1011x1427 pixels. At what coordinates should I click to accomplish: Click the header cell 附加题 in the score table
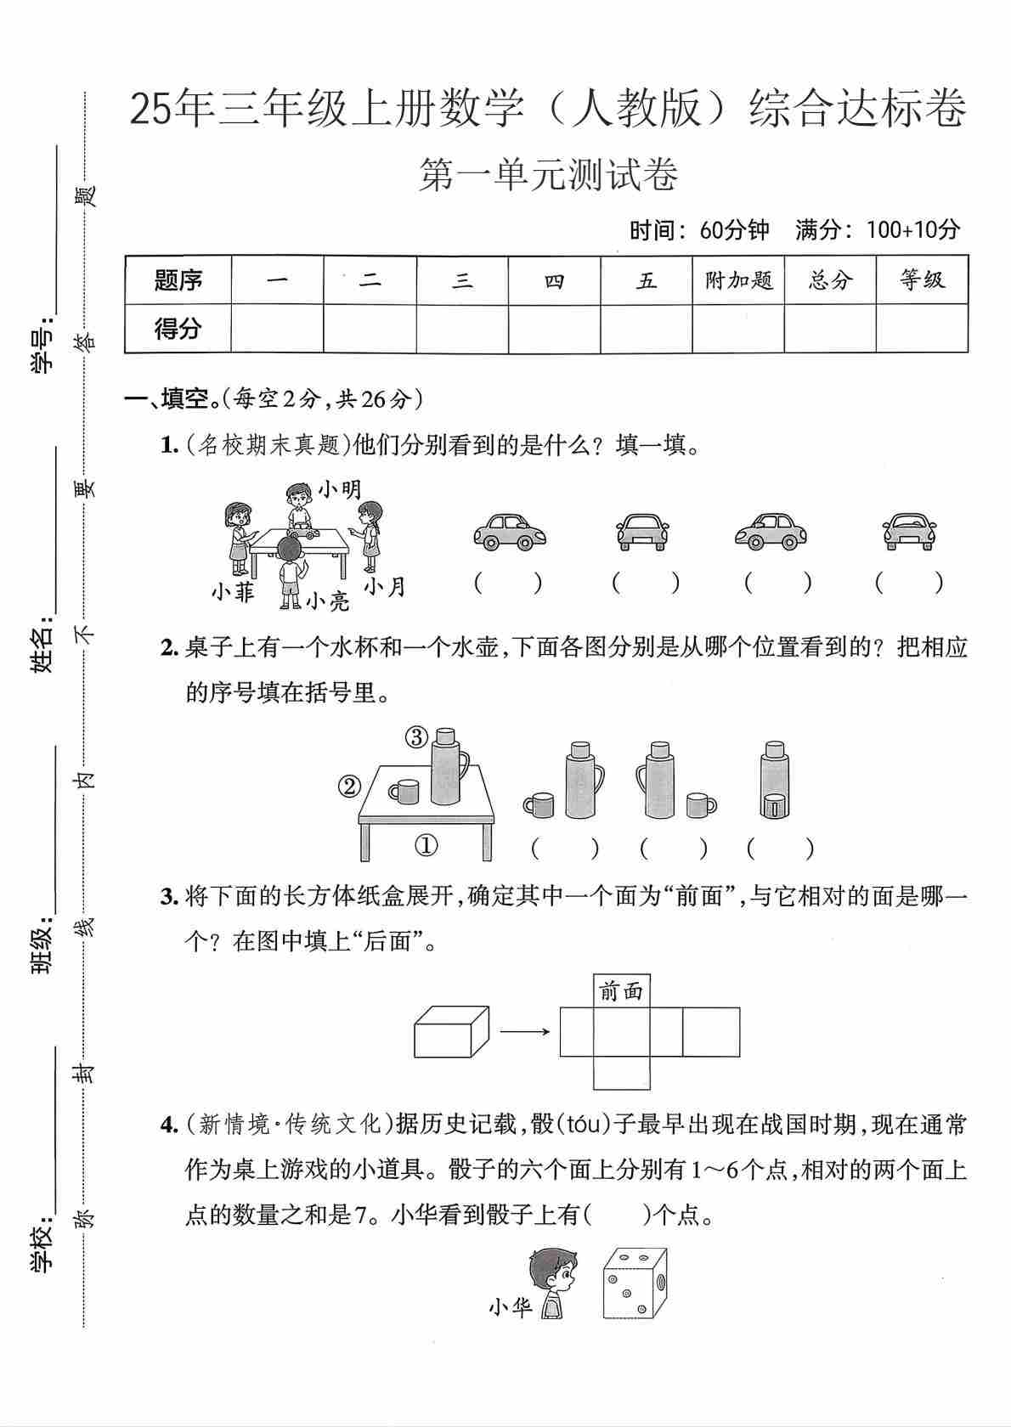[738, 279]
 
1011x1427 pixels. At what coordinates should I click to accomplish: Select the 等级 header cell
[922, 279]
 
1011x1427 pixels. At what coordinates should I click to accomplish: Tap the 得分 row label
[178, 328]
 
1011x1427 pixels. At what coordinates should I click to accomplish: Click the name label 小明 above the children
[340, 488]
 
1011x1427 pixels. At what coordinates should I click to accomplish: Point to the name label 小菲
[233, 591]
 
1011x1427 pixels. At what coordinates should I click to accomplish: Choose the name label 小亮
[328, 601]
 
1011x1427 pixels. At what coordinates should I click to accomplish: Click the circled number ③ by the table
[416, 737]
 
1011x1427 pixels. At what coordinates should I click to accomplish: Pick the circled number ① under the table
[426, 845]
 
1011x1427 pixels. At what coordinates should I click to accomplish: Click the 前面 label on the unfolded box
[622, 990]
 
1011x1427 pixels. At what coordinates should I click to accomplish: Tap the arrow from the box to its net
[524, 1032]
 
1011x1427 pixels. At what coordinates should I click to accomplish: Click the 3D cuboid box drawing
[451, 1032]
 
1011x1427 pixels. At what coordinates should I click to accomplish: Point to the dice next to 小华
[634, 1283]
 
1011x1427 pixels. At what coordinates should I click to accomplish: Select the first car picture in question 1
[509, 532]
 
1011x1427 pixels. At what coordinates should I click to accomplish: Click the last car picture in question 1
[909, 532]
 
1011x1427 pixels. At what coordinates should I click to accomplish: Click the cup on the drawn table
[404, 792]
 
